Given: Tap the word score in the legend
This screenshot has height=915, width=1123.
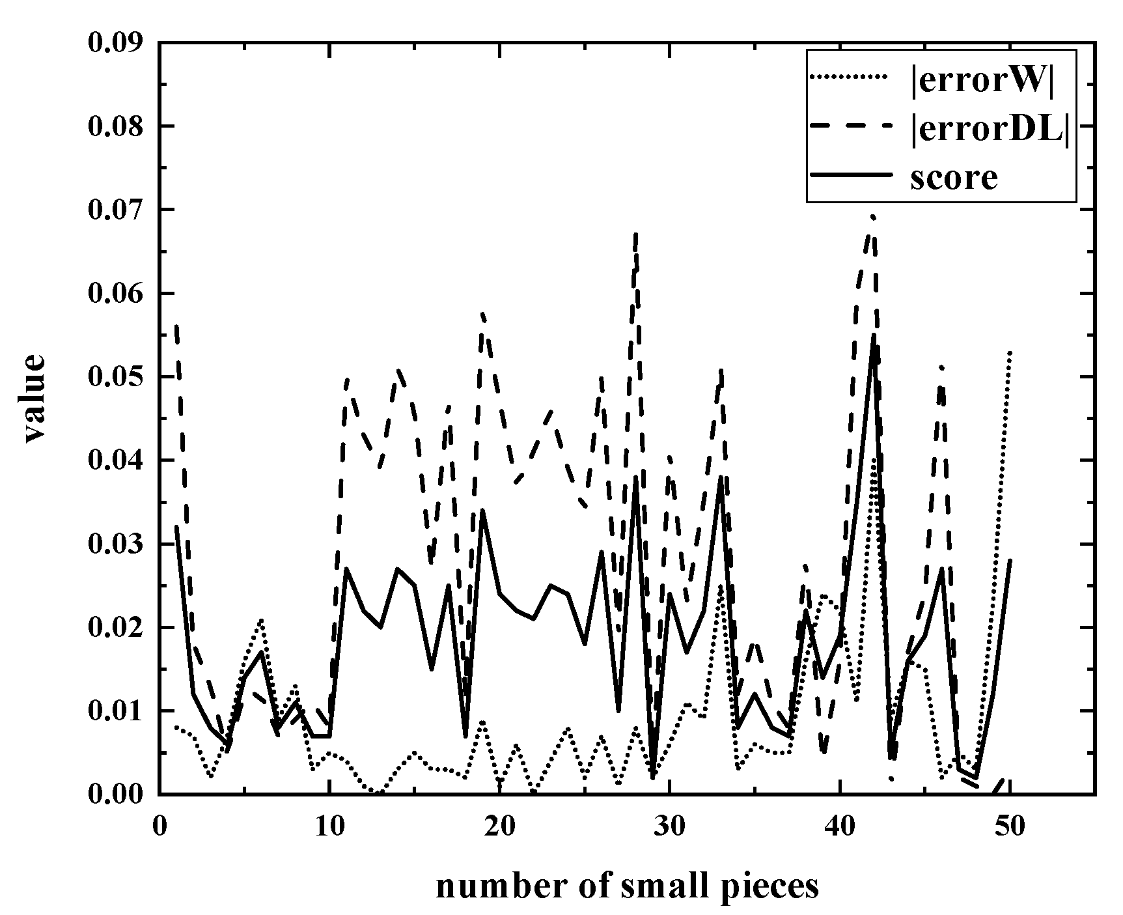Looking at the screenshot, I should [x=954, y=176].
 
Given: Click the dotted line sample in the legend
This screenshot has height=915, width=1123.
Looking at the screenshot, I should [x=849, y=77].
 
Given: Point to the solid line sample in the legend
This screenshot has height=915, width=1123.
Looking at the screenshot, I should [x=849, y=175].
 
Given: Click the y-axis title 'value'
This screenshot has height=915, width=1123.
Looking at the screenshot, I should [x=35, y=399].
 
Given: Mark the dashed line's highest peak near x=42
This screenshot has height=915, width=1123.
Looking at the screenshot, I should [x=873, y=217].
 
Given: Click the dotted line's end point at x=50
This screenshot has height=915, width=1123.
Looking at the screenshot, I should [x=1010, y=352].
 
